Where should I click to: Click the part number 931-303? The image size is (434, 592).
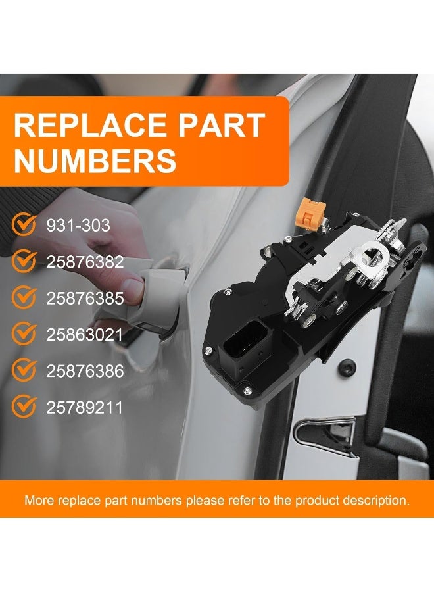[x=78, y=226]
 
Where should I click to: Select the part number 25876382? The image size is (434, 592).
[x=85, y=262]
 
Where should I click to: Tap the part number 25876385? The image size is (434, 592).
[x=85, y=298]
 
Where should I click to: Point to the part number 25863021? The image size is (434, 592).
[x=85, y=335]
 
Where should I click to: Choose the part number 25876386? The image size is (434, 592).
[x=85, y=371]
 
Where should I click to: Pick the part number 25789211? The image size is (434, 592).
[x=85, y=407]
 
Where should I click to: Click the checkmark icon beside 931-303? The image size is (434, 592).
[x=24, y=226]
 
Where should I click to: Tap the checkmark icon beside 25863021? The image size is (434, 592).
[x=24, y=334]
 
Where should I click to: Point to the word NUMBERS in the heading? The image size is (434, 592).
[x=95, y=160]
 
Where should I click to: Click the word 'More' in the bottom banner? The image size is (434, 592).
[x=39, y=500]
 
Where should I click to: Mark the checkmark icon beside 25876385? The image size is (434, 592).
[x=24, y=298]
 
